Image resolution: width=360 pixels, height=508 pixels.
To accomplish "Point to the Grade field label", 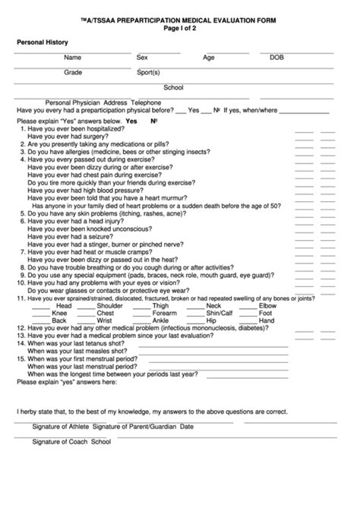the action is coord(73,72).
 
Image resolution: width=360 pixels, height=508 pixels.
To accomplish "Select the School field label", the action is coord(173,87).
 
